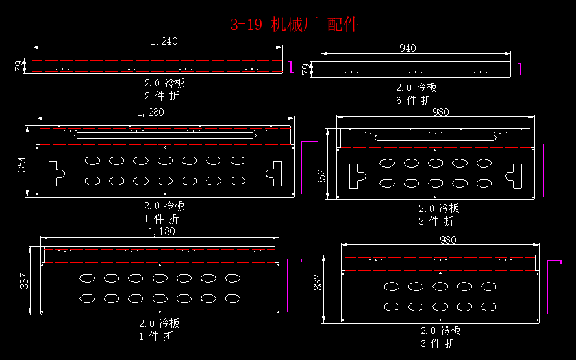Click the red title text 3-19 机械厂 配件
294,25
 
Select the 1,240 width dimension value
164,41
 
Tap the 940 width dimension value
408,48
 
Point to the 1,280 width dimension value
151,112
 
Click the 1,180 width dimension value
162,231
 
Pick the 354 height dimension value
22,165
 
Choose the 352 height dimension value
322,177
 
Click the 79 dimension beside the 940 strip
307,69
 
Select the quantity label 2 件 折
162,96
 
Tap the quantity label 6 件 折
414,101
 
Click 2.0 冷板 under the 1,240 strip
164,83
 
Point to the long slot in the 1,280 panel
167,135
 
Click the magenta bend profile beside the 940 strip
520,68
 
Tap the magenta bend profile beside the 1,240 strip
292,66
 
